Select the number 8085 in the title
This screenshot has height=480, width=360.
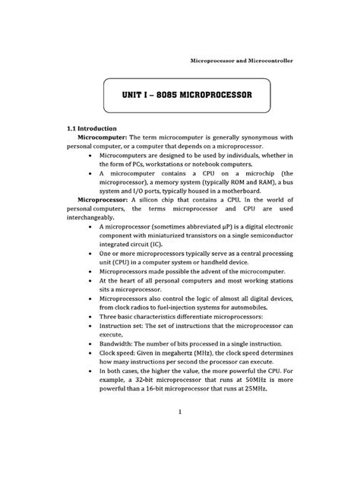[x=166, y=96]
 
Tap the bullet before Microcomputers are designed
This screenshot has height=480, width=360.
[x=90, y=154]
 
